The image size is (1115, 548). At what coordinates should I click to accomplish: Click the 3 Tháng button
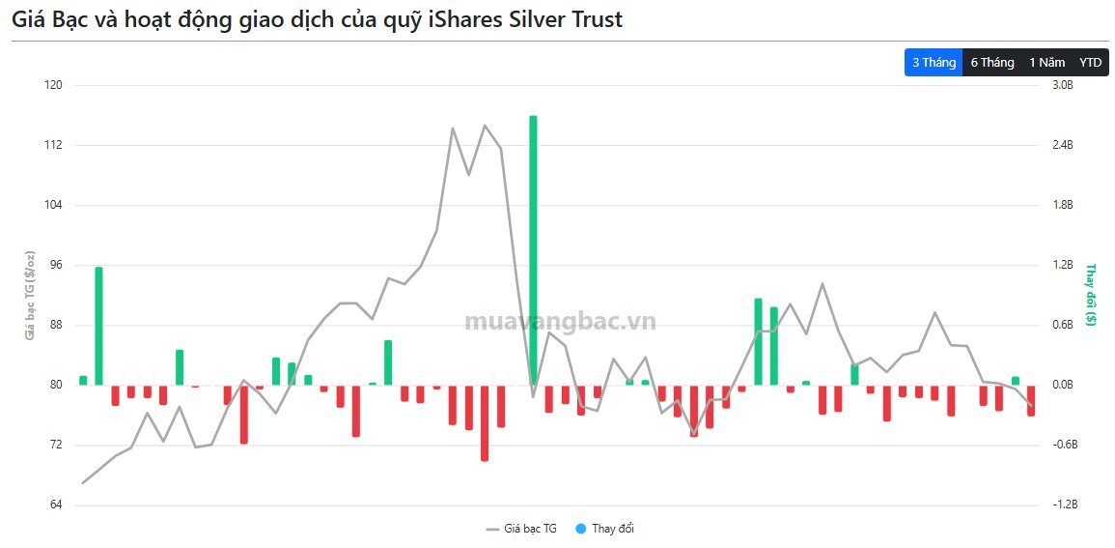pyautogui.click(x=934, y=63)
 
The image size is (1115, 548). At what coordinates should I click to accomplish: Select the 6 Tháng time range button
pyautogui.click(x=992, y=63)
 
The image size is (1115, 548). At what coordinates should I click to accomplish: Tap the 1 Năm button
pyautogui.click(x=1046, y=63)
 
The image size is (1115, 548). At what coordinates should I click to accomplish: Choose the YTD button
pyautogui.click(x=1090, y=63)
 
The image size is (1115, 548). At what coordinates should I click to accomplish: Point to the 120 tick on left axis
pyautogui.click(x=53, y=85)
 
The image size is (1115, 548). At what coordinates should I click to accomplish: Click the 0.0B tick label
pyautogui.click(x=1062, y=385)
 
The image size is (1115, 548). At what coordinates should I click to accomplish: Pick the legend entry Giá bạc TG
pyautogui.click(x=522, y=529)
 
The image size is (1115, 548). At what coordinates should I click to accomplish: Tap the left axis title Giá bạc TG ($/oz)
pyautogui.click(x=30, y=295)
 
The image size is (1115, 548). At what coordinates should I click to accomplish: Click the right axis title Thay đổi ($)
pyautogui.click(x=1091, y=295)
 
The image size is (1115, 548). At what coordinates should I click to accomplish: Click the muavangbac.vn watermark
pyautogui.click(x=560, y=322)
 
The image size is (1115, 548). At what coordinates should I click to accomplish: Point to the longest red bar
pyautogui.click(x=485, y=422)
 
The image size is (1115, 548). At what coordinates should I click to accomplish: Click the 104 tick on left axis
pyautogui.click(x=53, y=205)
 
